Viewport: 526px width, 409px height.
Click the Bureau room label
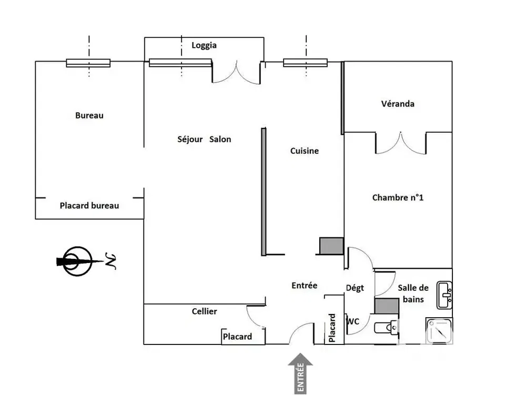coord(89,116)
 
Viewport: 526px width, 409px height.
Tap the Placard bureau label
coord(89,206)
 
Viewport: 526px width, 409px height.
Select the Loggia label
coord(204,45)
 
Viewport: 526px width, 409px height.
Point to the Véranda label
coord(398,104)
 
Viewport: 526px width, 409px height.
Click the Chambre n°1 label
coord(398,198)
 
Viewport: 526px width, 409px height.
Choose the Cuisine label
coord(305,151)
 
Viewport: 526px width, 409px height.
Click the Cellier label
coord(204,311)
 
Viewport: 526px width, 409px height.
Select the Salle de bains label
coord(413,293)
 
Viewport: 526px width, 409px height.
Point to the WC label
coord(352,321)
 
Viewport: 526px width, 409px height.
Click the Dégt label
coord(355,288)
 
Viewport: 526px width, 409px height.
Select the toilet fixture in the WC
coord(386,328)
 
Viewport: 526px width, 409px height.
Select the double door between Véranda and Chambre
coord(400,143)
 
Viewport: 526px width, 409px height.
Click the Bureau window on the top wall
coord(88,63)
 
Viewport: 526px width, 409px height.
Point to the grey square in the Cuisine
coord(331,246)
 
